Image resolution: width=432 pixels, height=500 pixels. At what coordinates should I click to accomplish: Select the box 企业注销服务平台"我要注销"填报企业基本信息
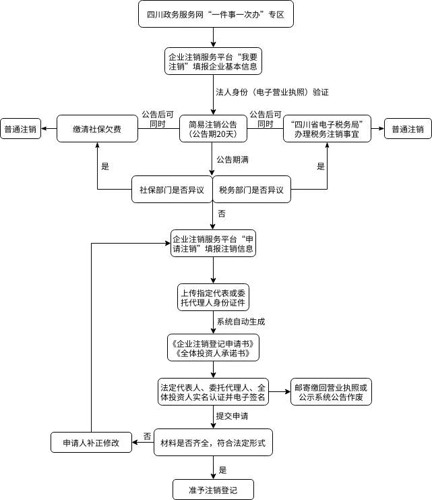pos(213,61)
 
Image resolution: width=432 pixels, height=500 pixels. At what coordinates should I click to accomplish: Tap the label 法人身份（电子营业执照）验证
pos(272,91)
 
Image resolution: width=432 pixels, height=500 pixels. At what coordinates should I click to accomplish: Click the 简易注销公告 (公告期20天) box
pos(214,128)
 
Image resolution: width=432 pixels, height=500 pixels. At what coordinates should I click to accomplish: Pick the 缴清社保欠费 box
pos(97,128)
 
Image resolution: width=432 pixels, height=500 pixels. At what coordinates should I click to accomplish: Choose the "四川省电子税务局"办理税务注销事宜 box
pos(328,128)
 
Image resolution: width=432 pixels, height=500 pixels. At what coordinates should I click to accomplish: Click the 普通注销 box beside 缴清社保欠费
pos(21,128)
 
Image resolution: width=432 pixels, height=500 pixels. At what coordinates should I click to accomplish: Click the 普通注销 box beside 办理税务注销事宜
pos(408,129)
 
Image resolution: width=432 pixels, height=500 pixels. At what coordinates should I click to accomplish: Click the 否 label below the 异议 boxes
pos(222,215)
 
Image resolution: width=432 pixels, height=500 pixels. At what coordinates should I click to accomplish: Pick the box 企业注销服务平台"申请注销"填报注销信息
pos(213,244)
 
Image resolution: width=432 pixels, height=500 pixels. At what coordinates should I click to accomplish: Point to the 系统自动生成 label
pos(241,322)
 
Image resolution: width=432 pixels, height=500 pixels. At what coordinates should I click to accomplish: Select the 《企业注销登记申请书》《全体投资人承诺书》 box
pos(213,348)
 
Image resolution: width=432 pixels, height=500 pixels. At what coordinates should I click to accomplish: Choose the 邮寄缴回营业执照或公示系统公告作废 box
pos(331,393)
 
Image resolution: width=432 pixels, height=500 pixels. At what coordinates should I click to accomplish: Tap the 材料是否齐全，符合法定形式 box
pos(213,443)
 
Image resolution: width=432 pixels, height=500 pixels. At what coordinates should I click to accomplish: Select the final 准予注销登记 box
pos(213,487)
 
